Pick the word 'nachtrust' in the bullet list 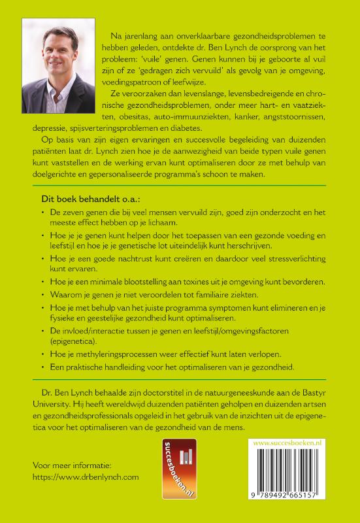(x=131, y=259)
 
